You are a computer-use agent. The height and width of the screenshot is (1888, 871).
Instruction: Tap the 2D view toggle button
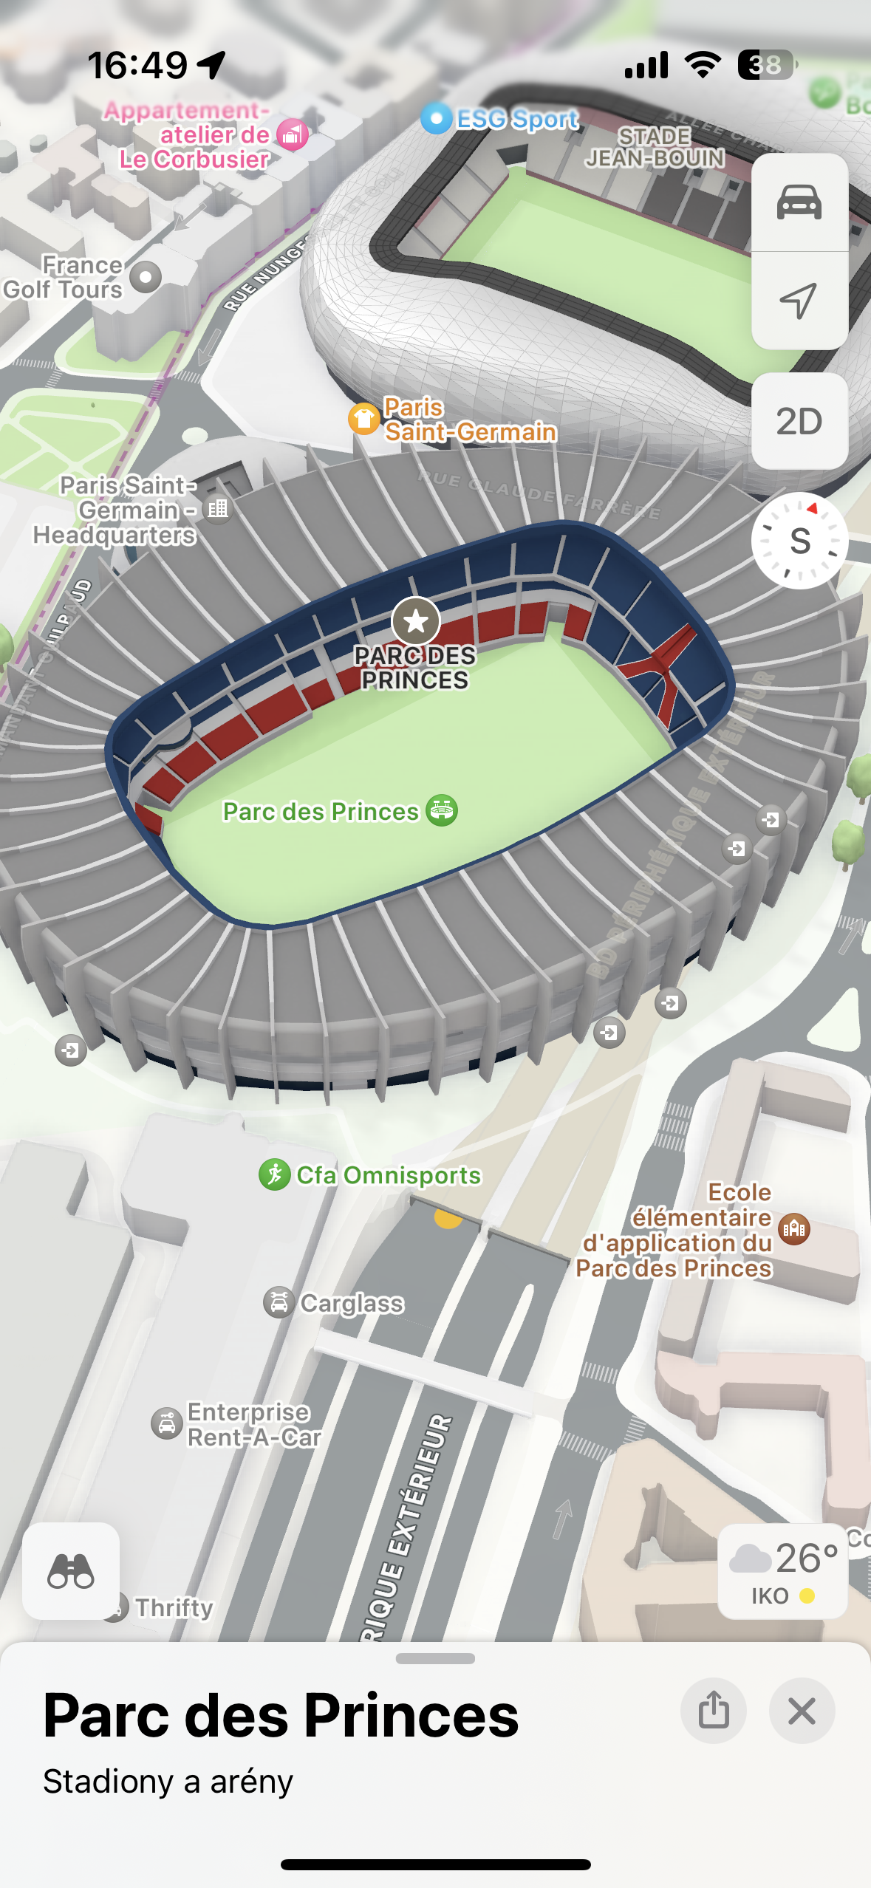tap(799, 421)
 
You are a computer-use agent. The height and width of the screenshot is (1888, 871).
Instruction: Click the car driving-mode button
tap(799, 202)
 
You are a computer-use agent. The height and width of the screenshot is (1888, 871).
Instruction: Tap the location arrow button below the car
tap(799, 300)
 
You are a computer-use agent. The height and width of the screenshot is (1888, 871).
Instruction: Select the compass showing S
tap(799, 541)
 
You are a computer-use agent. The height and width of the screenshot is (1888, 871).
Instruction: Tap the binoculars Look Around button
tap(71, 1570)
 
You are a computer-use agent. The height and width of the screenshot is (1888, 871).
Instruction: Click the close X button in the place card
tap(802, 1711)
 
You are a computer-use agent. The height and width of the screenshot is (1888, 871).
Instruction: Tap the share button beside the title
tap(713, 1711)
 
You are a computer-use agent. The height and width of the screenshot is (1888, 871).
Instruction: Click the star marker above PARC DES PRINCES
tap(416, 621)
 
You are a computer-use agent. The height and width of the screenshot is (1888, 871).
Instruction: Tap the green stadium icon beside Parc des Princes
tap(442, 811)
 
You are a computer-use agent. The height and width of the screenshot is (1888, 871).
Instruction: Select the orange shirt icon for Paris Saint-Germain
tap(363, 419)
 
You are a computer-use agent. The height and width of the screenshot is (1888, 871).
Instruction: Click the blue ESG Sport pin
tap(436, 118)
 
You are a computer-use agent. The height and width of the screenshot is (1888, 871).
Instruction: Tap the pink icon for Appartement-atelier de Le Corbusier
tap(293, 134)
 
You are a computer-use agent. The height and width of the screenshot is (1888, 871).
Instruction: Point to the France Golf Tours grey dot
tap(146, 277)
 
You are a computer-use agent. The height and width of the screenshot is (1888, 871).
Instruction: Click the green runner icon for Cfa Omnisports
tap(274, 1174)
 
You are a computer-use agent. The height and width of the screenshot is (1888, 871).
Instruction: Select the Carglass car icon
tap(279, 1302)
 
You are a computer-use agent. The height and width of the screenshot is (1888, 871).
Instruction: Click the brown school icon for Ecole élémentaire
tap(794, 1229)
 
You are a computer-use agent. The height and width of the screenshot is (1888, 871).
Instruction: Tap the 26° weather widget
tap(782, 1570)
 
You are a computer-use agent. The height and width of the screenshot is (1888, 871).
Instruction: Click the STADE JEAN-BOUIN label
tap(655, 147)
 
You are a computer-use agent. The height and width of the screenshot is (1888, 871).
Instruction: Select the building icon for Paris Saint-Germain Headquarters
tap(218, 508)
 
